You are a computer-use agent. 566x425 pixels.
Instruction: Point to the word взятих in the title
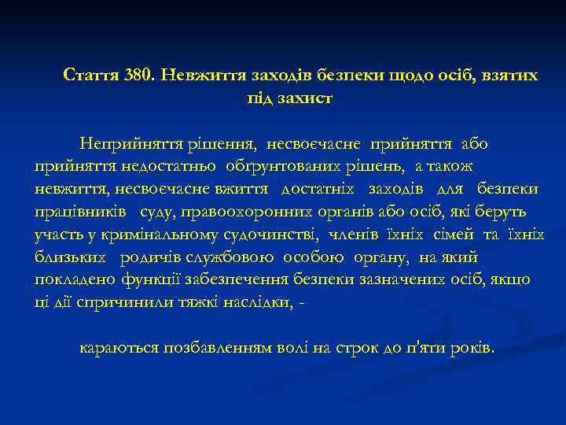click(510, 76)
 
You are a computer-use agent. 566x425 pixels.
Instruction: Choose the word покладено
click(74, 279)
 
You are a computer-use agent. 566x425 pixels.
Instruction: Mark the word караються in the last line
click(119, 348)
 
